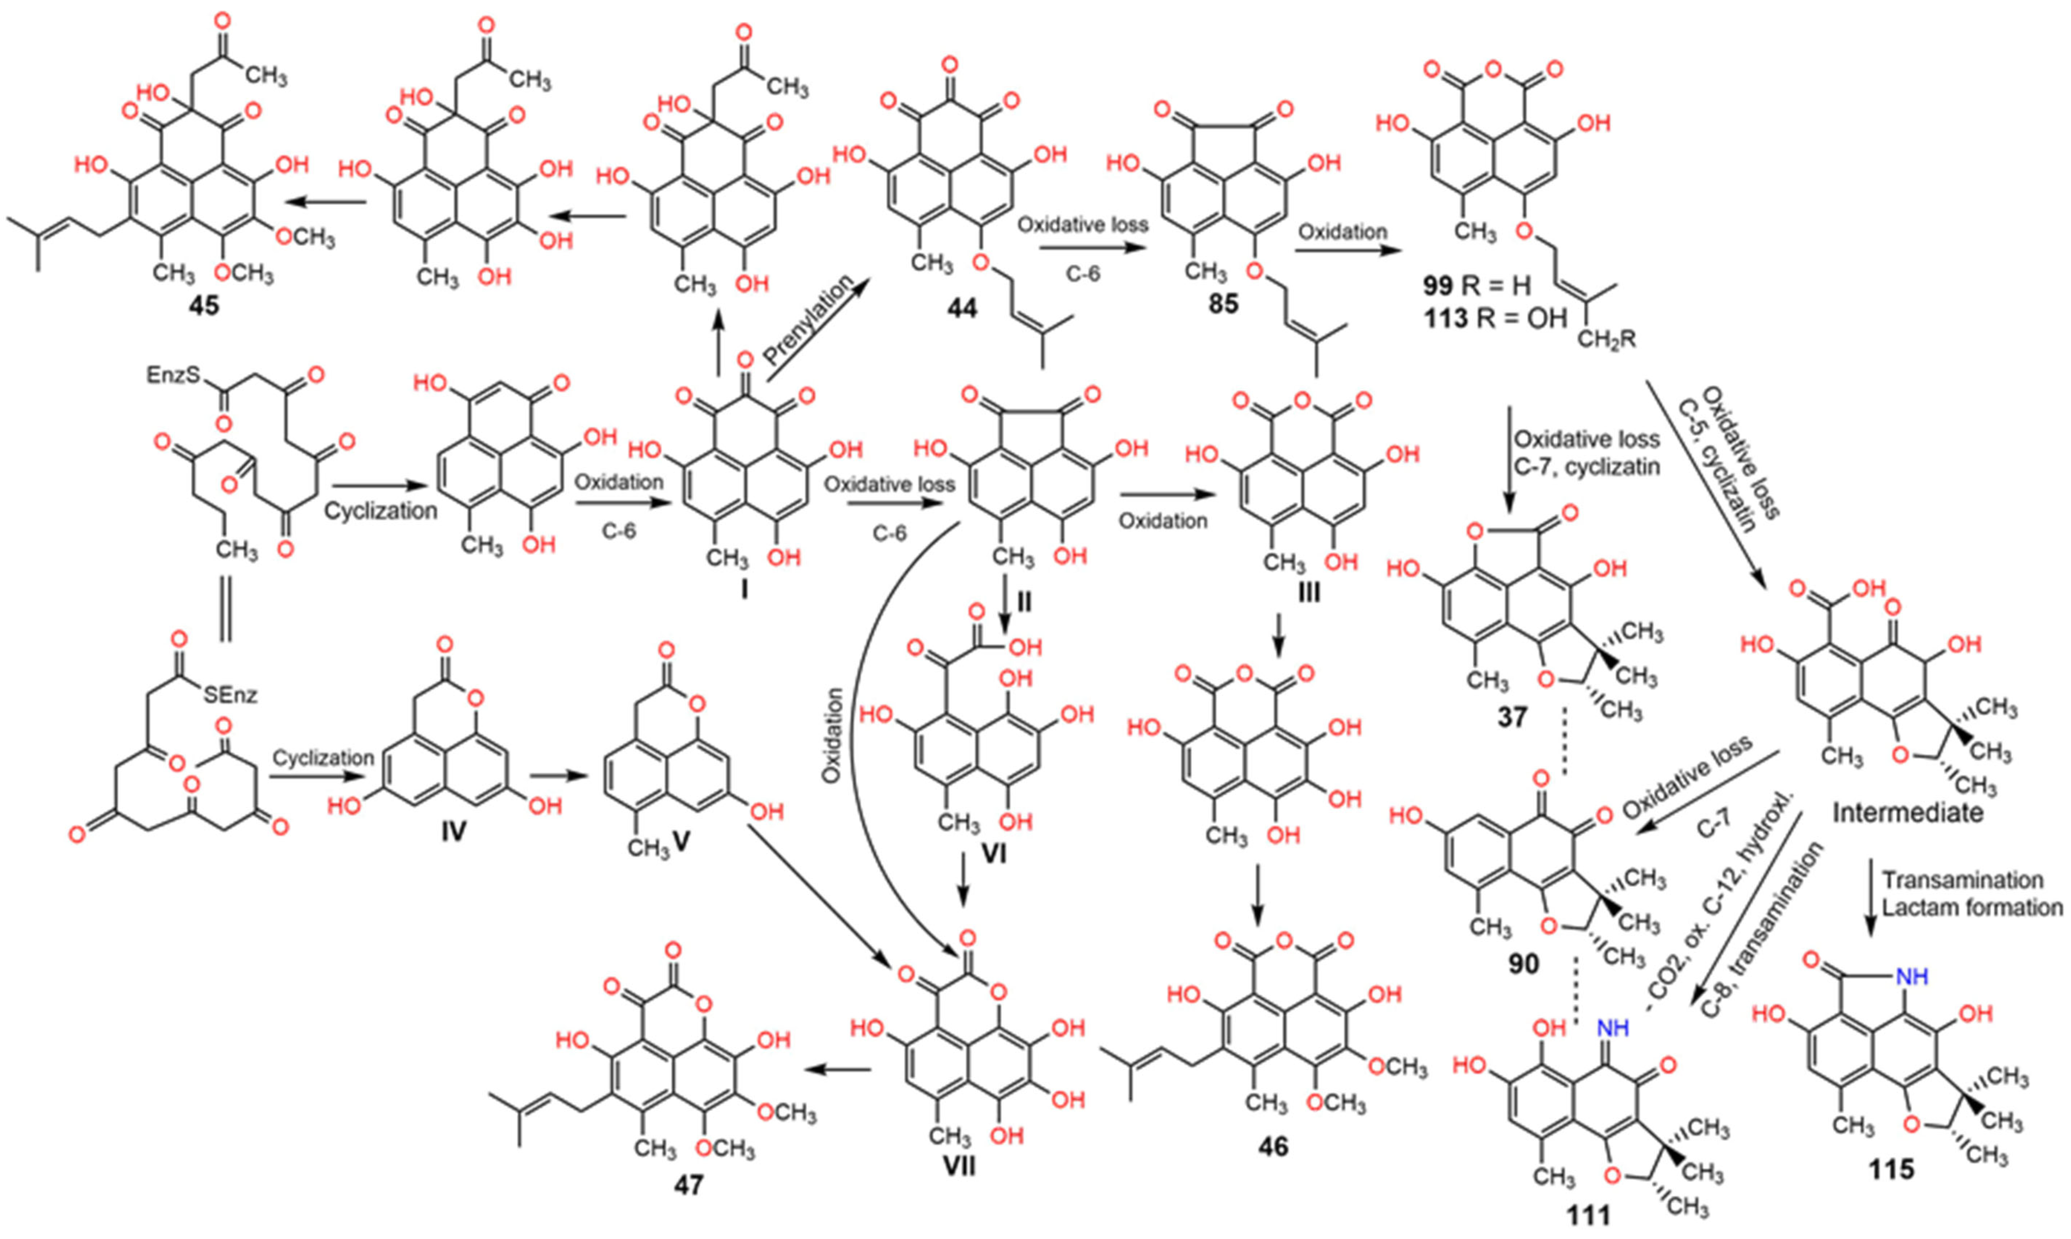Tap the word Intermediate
coord(1907,811)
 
